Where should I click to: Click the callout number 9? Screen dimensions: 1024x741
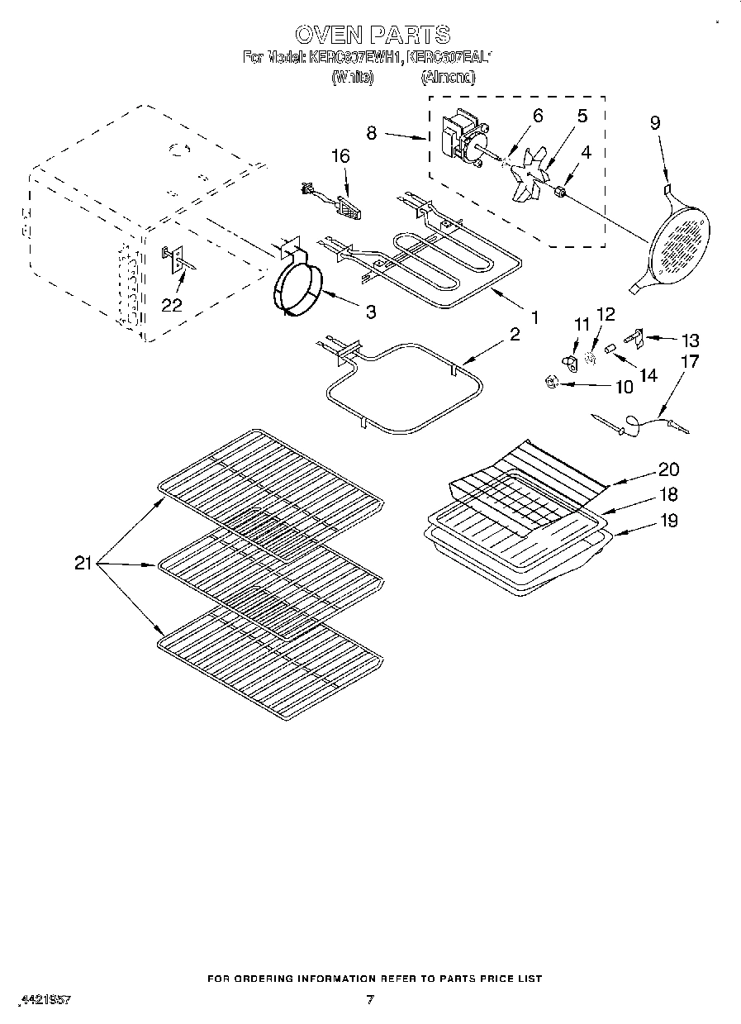pos(654,123)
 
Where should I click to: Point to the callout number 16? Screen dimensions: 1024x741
pos(340,156)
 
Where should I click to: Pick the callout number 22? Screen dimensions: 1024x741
pos(171,305)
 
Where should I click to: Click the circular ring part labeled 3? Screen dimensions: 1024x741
pos(296,289)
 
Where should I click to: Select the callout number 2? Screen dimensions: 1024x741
pos(515,334)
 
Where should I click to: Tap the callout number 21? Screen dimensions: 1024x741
pos(83,564)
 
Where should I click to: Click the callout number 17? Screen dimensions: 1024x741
pos(689,361)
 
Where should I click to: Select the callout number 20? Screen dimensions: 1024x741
pos(668,469)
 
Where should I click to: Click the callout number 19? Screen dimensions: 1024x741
pos(668,521)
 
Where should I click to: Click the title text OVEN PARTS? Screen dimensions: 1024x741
pos(372,34)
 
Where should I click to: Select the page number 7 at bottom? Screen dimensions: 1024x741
pos(370,1000)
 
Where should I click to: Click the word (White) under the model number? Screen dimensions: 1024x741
pos(352,78)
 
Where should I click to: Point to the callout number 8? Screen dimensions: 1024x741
pos(372,133)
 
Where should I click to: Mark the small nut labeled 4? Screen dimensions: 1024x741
pos(562,193)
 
